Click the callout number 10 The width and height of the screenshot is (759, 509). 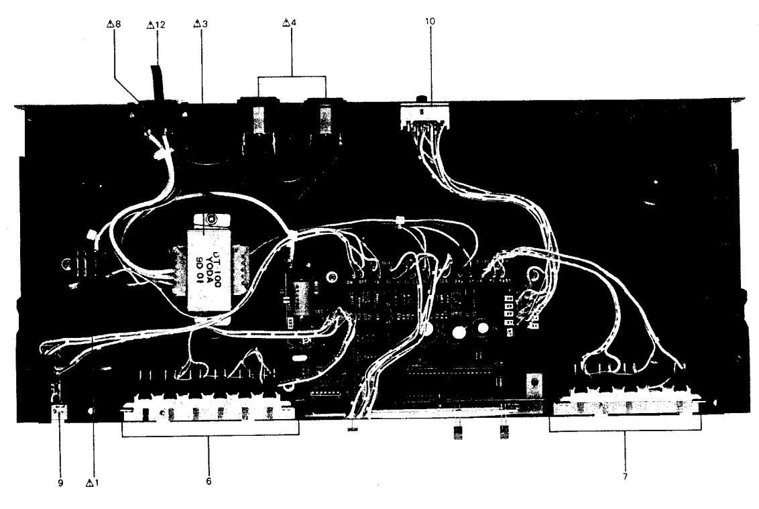coord(430,21)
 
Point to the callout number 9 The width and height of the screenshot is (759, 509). coord(60,482)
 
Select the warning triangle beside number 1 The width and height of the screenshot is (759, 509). coord(91,482)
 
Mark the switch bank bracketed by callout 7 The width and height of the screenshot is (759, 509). coord(626,404)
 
